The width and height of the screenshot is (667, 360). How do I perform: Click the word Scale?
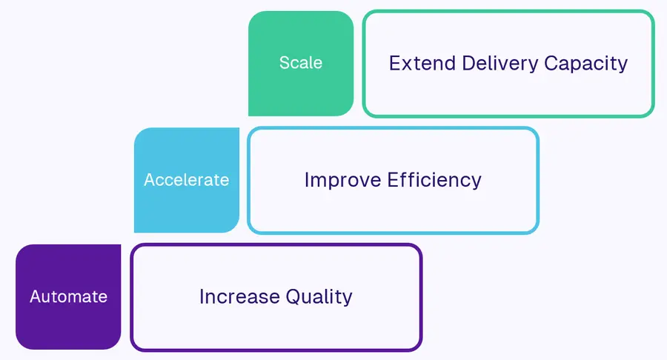(300, 63)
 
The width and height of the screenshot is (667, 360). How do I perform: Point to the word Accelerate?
(186, 180)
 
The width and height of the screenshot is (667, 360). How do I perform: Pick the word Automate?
(68, 297)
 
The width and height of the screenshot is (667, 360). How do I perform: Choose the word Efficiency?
(435, 180)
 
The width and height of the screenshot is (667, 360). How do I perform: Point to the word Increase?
(239, 297)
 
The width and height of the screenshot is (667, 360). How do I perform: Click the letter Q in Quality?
(294, 297)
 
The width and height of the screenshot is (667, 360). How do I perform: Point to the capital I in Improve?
(308, 180)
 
